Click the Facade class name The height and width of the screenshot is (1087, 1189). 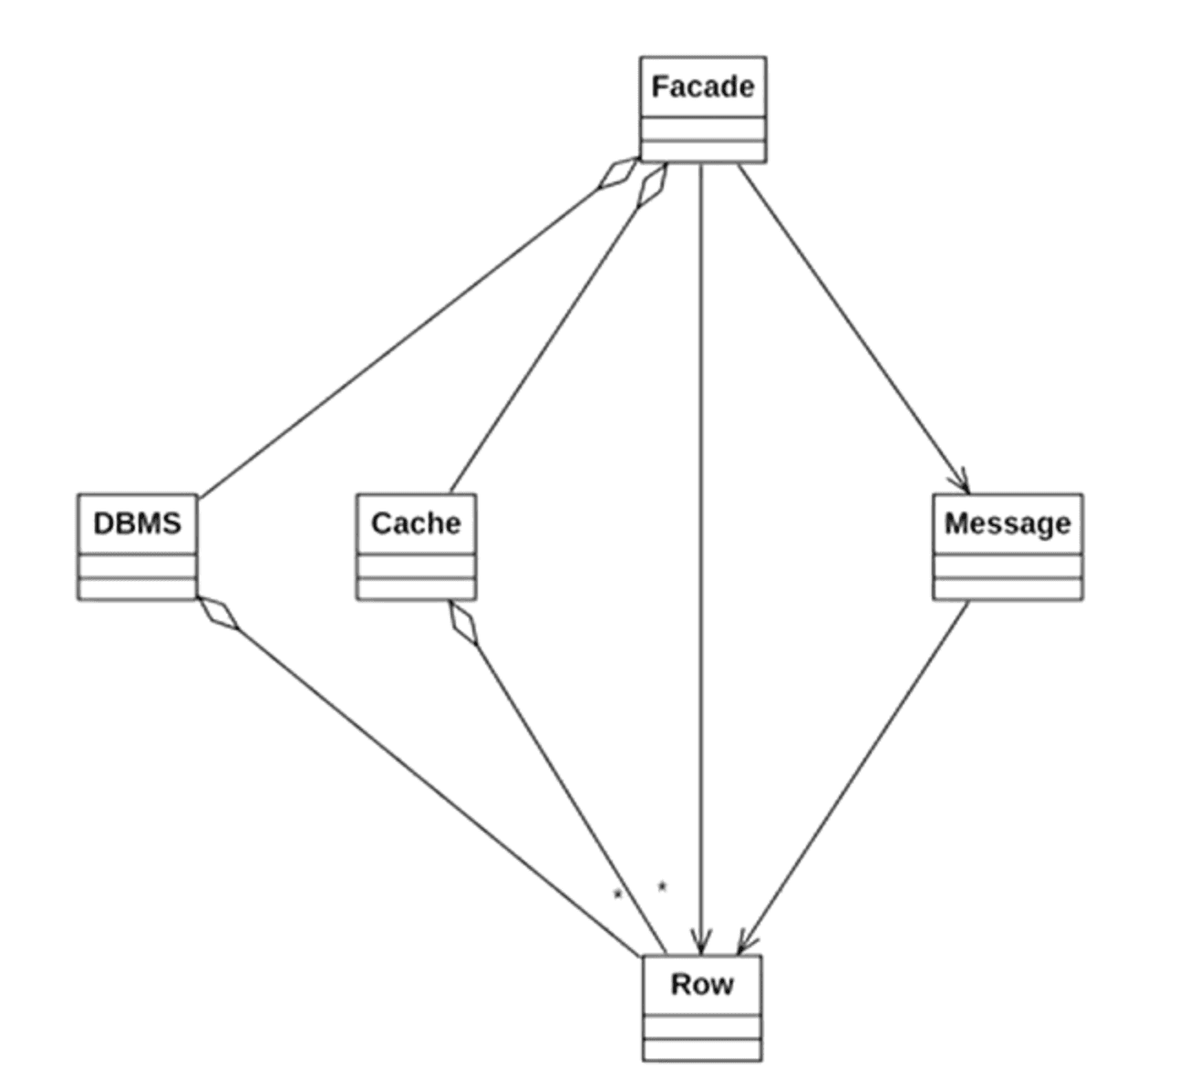click(702, 87)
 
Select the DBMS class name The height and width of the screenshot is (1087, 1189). click(137, 523)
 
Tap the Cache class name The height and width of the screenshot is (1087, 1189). click(416, 523)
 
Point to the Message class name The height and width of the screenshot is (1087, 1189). click(1008, 523)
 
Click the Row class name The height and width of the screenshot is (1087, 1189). click(701, 985)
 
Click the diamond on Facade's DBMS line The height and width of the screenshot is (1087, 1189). click(619, 173)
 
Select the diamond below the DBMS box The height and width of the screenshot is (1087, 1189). click(219, 614)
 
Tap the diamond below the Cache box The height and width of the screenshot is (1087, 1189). click(463, 623)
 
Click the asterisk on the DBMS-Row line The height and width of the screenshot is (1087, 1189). click(617, 895)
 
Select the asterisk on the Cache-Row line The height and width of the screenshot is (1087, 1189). click(662, 885)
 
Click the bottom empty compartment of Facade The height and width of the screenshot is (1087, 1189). click(702, 151)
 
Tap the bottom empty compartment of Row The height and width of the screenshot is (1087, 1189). click(701, 1049)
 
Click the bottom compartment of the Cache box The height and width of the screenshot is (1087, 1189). click(416, 588)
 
